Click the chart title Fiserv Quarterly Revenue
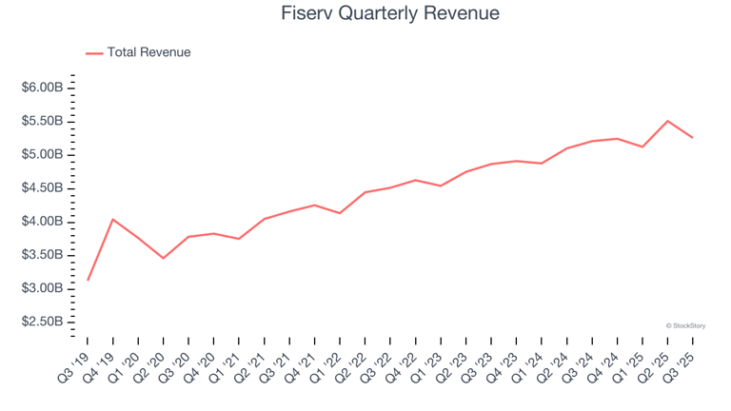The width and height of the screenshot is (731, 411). click(390, 14)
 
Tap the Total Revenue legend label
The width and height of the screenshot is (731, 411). click(148, 52)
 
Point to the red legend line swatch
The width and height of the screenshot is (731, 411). click(94, 53)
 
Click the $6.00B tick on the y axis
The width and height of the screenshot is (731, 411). click(42, 88)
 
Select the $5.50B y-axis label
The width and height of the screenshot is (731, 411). click(42, 121)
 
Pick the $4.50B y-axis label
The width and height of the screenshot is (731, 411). click(42, 188)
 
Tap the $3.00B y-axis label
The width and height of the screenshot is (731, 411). click(42, 288)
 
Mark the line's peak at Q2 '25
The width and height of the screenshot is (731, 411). click(667, 121)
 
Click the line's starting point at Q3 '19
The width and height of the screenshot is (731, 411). click(88, 280)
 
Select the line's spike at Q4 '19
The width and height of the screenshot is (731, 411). click(113, 220)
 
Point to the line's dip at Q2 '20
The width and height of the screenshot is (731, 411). click(164, 258)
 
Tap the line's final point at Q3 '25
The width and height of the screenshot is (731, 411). click(692, 138)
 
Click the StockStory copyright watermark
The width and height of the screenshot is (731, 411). click(685, 325)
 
